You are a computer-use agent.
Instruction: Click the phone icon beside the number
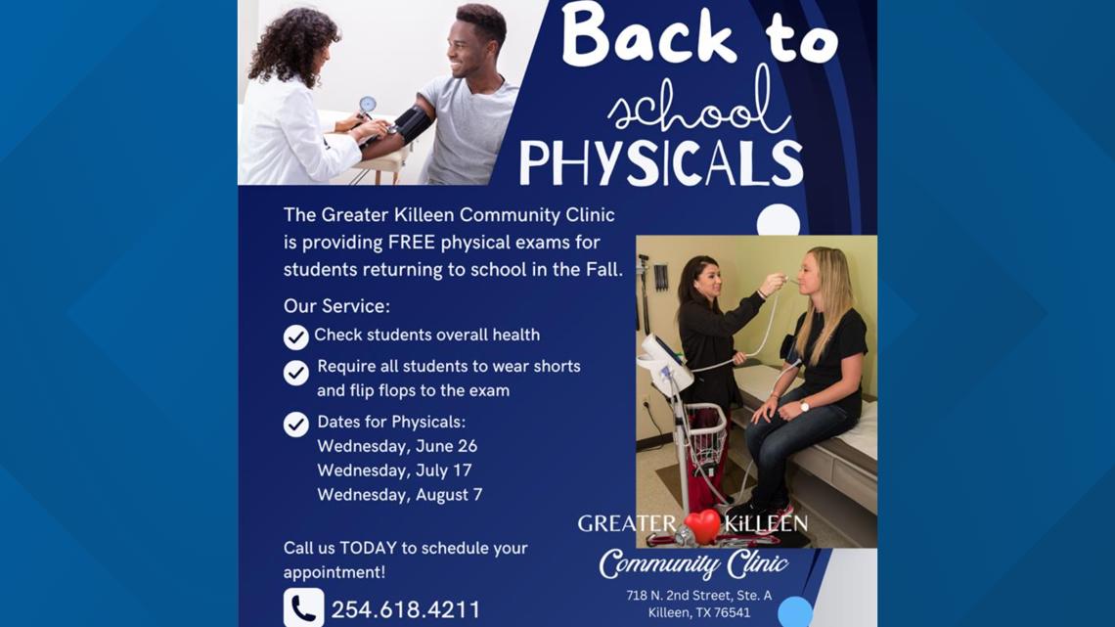point(303,608)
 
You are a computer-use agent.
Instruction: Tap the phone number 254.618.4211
point(406,609)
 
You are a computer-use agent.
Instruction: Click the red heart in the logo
point(702,525)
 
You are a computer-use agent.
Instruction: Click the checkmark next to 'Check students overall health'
point(296,336)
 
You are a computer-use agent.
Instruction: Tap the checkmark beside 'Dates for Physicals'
point(296,424)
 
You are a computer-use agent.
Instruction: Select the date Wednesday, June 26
point(397,446)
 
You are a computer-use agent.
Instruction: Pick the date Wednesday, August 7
point(399,494)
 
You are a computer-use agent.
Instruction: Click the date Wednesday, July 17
point(394,470)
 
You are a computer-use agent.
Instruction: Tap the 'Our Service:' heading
point(336,305)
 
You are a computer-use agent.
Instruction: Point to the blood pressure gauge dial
point(367,104)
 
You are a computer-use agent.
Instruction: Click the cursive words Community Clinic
point(693,564)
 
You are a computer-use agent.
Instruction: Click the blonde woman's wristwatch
point(804,405)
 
